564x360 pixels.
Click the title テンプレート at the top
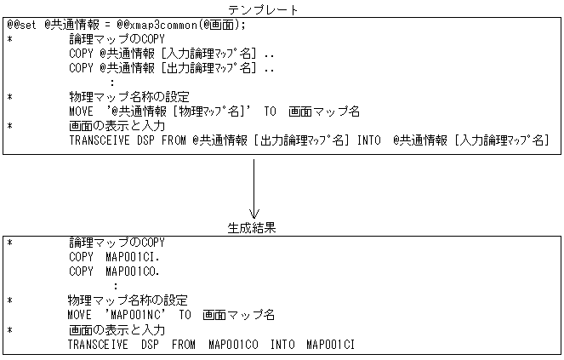pyautogui.click(x=269, y=9)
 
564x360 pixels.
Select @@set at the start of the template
pyautogui.click(x=25, y=26)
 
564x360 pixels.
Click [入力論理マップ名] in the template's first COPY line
pyautogui.click(x=212, y=54)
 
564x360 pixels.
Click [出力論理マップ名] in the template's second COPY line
pyautogui.click(x=212, y=68)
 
